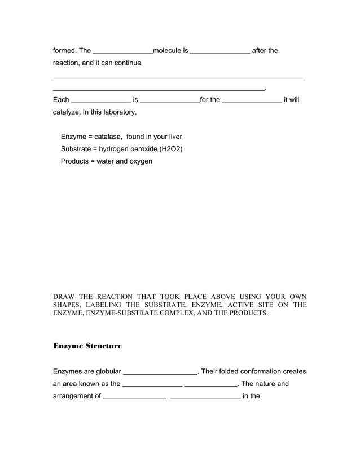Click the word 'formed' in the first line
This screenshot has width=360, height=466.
tap(64, 51)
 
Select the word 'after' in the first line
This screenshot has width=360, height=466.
tap(260, 51)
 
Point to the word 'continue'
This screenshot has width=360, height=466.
tap(126, 63)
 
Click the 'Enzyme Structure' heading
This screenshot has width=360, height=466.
tap(87, 345)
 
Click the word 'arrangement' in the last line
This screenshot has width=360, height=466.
tap(74, 396)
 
